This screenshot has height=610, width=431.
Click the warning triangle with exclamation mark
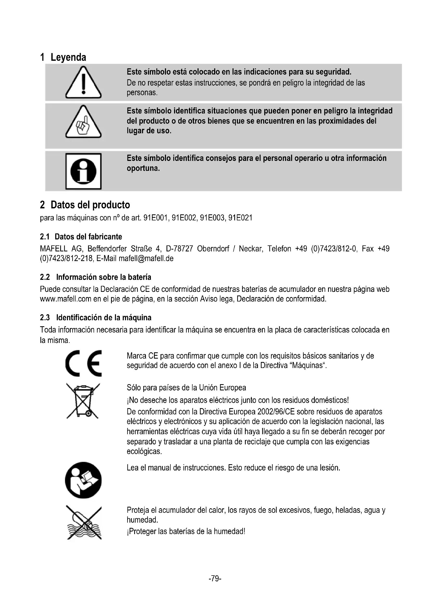[83, 83]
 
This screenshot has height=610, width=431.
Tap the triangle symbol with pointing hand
[83, 122]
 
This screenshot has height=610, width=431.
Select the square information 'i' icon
[83, 171]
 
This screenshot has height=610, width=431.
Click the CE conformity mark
[83, 363]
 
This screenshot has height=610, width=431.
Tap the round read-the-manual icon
[83, 480]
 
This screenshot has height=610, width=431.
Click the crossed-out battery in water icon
[83, 523]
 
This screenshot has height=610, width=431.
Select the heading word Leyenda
[68, 57]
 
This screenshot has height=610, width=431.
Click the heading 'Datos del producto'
[90, 205]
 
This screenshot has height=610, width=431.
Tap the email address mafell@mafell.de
[146, 258]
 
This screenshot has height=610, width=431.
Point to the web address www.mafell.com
[66, 299]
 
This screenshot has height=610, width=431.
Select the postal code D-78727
[179, 249]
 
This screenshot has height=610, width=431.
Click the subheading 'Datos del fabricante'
[88, 237]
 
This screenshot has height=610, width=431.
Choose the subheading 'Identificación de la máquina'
[104, 318]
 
